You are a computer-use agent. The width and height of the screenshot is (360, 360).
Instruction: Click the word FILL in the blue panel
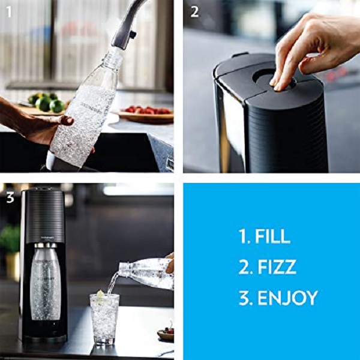[273, 236]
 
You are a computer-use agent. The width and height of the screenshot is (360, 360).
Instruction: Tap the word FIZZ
[277, 267]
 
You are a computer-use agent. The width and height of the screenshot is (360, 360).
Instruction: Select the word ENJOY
[288, 298]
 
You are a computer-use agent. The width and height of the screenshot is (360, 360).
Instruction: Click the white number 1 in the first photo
[9, 12]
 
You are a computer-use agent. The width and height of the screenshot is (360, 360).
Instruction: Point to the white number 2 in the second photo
[194, 12]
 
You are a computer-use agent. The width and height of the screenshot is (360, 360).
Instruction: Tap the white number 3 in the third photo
[10, 197]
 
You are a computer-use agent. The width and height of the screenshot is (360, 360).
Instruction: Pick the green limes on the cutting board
[46, 103]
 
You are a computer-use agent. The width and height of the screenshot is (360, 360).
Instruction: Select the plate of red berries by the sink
[145, 113]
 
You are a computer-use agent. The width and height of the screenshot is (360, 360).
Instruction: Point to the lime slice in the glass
[101, 294]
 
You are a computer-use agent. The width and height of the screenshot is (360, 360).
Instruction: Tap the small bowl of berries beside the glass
[166, 334]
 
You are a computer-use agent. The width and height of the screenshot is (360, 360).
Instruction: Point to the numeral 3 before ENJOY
[244, 298]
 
